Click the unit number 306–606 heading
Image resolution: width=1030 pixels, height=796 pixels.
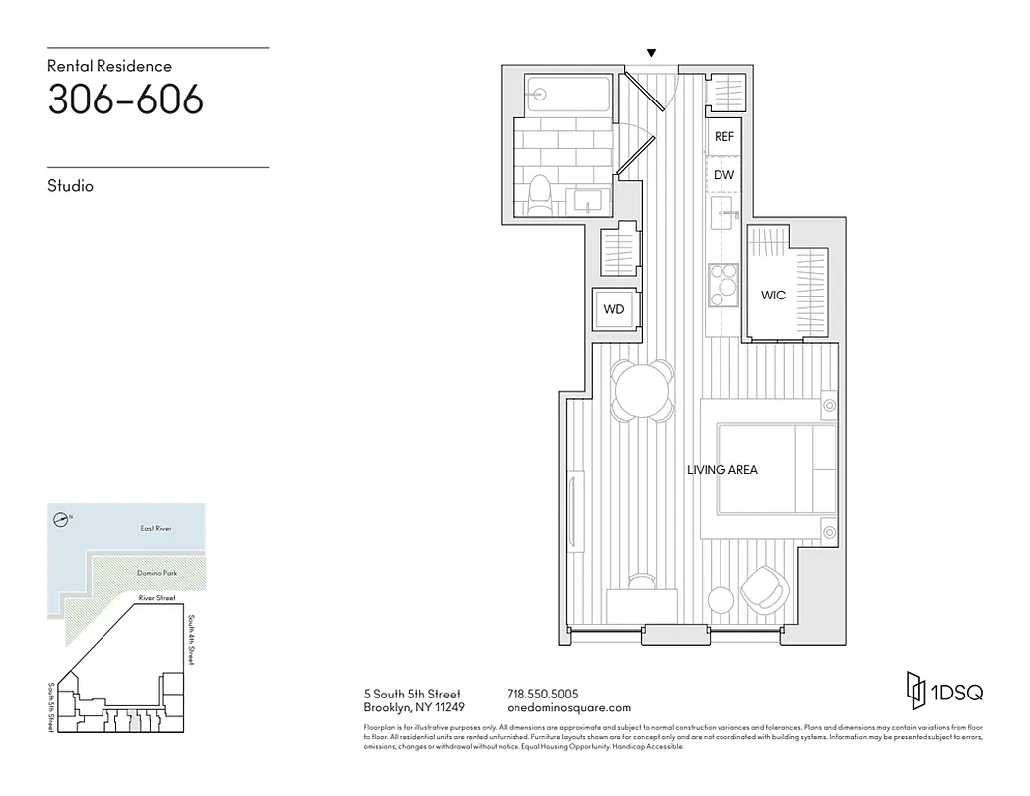coord(125,99)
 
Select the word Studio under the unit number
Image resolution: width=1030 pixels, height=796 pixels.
coord(70,186)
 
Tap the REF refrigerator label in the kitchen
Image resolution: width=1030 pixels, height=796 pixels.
coord(723,137)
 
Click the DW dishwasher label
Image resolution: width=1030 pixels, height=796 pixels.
coord(723,175)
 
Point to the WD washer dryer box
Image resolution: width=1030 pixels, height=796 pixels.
coord(614,309)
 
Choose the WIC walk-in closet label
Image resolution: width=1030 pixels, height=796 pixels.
coord(773,296)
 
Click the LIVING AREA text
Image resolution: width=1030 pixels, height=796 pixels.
coord(721,470)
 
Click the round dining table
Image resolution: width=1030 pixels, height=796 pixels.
coord(641,389)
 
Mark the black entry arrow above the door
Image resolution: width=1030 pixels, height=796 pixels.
coord(651,53)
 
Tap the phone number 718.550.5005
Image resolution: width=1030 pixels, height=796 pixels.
coord(542,694)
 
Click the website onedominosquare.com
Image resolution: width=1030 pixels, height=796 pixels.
coord(568,708)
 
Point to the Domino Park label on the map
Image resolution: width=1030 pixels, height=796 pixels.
coord(156,574)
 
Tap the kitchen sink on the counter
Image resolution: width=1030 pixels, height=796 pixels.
coord(723,212)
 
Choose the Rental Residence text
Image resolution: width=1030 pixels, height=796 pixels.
coord(109,66)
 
